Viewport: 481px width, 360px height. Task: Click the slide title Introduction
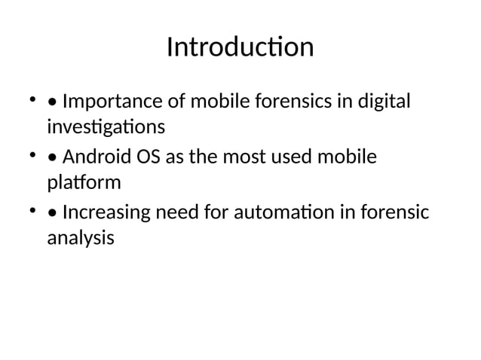click(240, 47)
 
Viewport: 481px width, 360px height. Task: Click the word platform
click(84, 181)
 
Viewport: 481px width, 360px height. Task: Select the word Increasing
click(106, 216)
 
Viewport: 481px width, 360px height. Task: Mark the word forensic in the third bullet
click(394, 216)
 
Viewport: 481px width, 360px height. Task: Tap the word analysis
click(81, 238)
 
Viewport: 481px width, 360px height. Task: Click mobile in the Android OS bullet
click(348, 159)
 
